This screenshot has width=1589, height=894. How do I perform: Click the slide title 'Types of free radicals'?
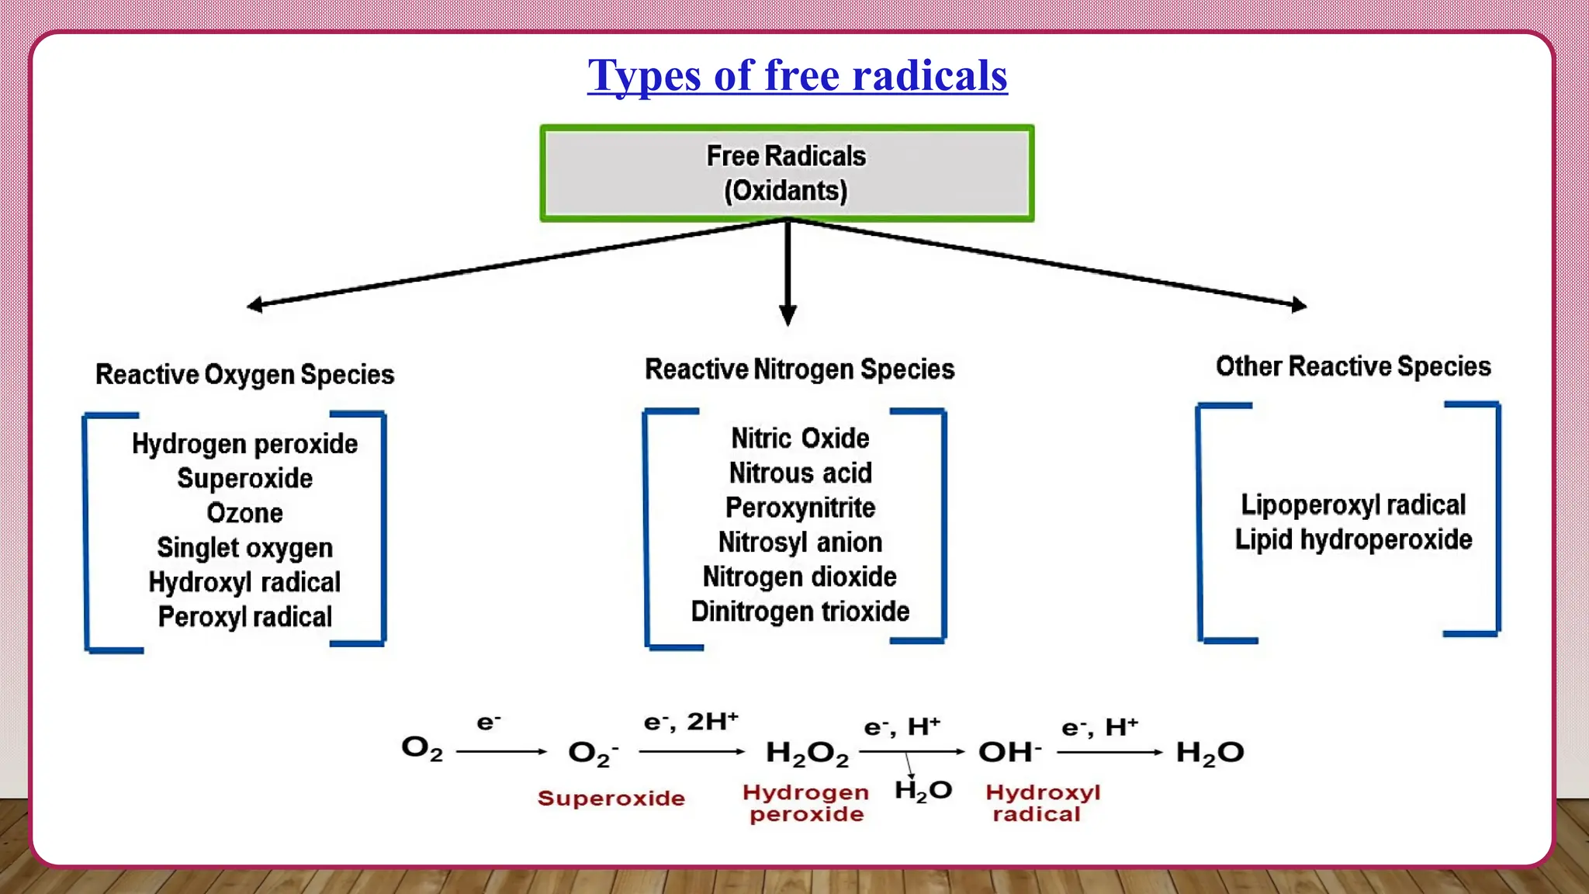coord(797,76)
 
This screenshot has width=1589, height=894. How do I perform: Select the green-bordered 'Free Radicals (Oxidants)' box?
coord(787,174)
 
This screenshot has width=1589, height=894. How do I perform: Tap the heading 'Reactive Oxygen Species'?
coord(244,375)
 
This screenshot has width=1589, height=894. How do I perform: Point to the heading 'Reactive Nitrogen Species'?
coord(799,369)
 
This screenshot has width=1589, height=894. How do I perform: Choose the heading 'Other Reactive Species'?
coord(1353,366)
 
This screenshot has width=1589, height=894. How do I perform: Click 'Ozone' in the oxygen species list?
coord(244,513)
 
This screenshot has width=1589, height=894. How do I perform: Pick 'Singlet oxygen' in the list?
coord(244,548)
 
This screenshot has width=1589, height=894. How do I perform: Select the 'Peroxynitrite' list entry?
coord(800,508)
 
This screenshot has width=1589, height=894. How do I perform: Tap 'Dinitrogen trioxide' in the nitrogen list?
coord(800,612)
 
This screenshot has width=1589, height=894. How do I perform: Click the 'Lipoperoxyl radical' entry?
coord(1353,505)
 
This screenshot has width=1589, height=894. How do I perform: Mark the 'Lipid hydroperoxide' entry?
coord(1353,539)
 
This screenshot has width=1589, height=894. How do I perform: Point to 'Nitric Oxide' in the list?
coord(800,438)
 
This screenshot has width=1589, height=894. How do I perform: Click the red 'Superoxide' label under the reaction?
coord(611,799)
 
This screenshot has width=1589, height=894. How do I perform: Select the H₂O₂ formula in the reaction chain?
coord(807,753)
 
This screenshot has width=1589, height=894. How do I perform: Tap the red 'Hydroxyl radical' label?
coord(1042,803)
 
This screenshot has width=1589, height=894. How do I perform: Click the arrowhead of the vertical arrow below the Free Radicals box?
coord(788,315)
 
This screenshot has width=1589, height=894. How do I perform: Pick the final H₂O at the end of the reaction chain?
coord(1210,753)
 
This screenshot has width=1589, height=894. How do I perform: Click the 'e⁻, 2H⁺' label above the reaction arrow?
coord(691,722)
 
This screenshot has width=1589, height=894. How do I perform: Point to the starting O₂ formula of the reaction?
coord(422,749)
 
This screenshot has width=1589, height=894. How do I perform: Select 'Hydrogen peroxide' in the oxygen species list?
coord(244,444)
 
